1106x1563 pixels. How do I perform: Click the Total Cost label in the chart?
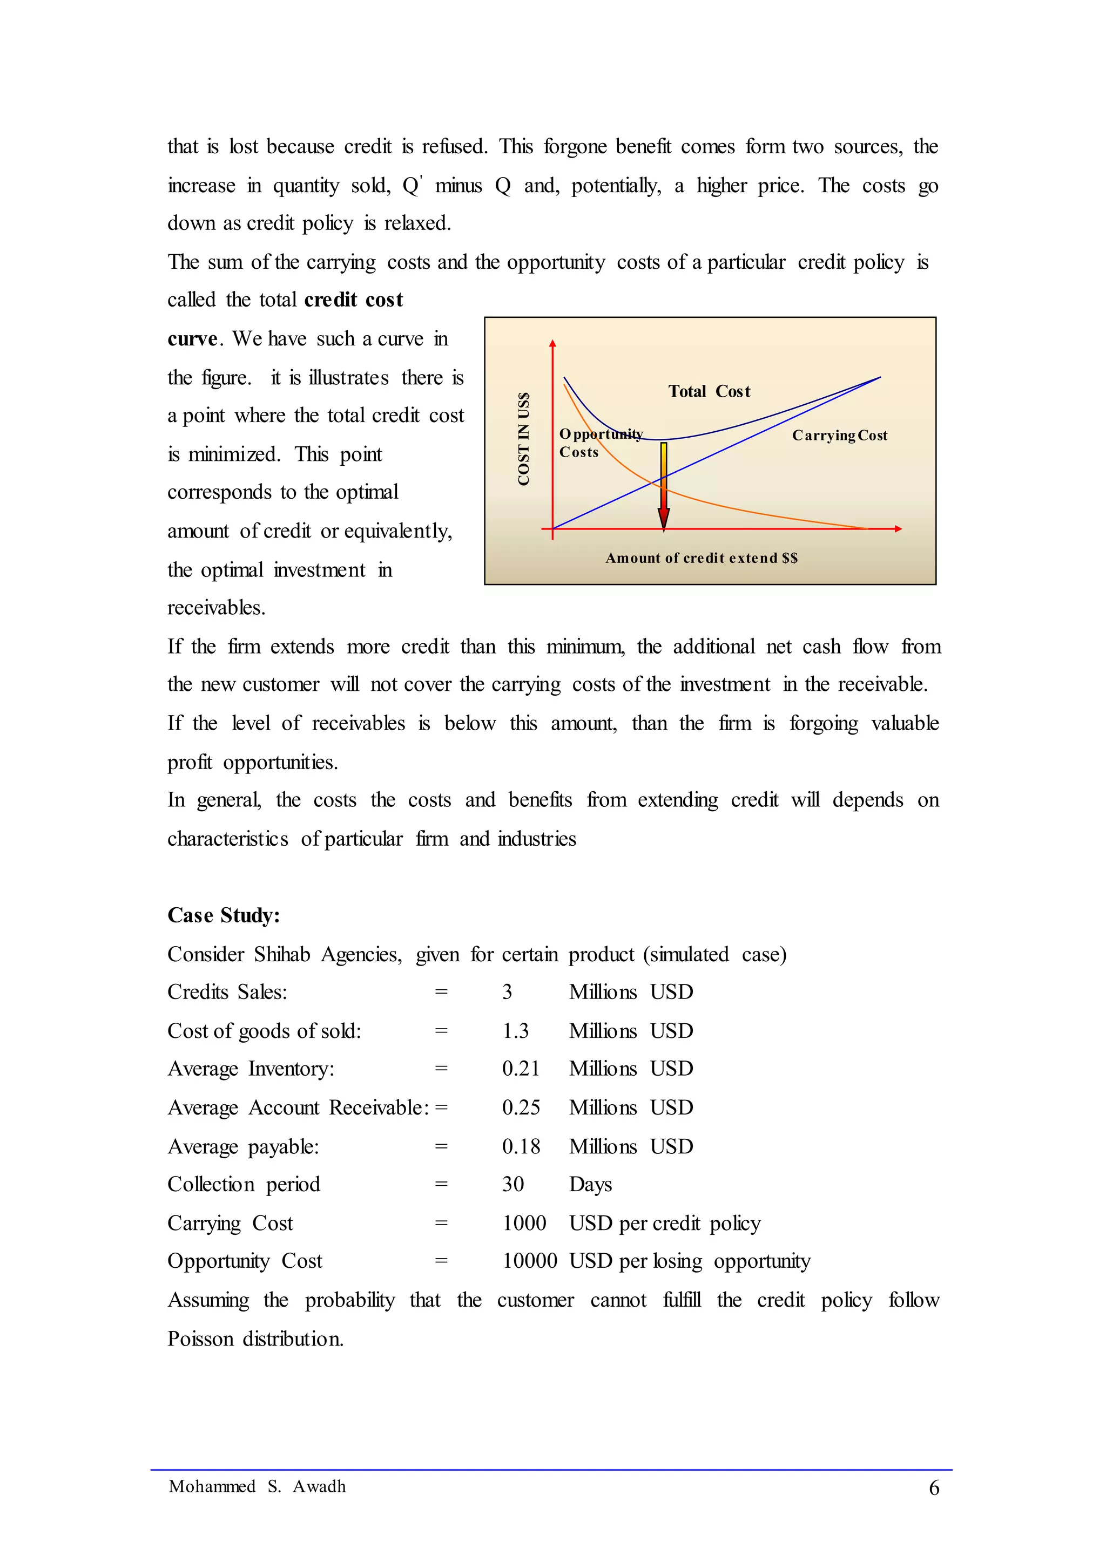click(709, 391)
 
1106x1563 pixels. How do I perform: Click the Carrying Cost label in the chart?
click(839, 436)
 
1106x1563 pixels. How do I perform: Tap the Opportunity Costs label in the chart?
click(600, 443)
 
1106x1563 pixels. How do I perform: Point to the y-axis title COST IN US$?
click(523, 439)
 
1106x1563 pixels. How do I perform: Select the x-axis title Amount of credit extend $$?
click(702, 558)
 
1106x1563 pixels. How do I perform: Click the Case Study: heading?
click(224, 915)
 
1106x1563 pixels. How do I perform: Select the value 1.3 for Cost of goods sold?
click(516, 1031)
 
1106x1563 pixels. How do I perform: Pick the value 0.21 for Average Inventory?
click(520, 1069)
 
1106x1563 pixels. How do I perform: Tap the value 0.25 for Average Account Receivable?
click(520, 1107)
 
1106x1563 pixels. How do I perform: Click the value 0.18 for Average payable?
click(520, 1146)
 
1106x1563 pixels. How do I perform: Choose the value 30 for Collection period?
click(513, 1185)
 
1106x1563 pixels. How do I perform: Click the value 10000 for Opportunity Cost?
click(529, 1261)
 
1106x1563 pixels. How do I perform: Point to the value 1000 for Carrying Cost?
click(524, 1224)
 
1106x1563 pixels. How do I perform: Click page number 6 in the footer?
click(934, 1488)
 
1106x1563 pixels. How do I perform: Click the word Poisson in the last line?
click(200, 1338)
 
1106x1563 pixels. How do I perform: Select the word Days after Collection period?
click(590, 1185)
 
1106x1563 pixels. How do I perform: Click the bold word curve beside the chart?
click(192, 339)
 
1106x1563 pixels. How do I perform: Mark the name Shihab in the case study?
click(282, 954)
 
